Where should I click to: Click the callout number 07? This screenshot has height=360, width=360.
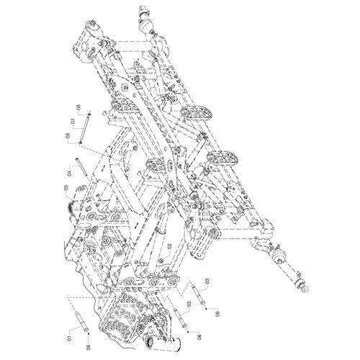pyautogui.click(x=73, y=121)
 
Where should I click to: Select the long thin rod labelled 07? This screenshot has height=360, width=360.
pyautogui.click(x=85, y=128)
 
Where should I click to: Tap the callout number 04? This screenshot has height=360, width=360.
pyautogui.click(x=69, y=173)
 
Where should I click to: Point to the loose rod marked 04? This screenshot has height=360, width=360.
pyautogui.click(x=81, y=167)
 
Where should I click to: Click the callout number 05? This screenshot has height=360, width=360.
pyautogui.click(x=66, y=188)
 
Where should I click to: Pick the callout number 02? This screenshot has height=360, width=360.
pyautogui.click(x=169, y=246)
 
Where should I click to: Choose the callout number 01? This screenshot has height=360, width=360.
pyautogui.click(x=70, y=338)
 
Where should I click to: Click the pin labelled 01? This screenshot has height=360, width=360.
pyautogui.click(x=82, y=321)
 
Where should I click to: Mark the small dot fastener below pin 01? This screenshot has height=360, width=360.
pyautogui.click(x=89, y=333)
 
